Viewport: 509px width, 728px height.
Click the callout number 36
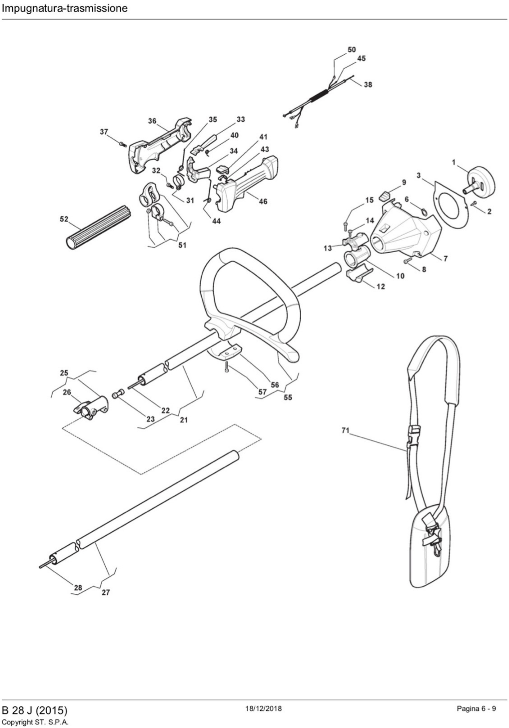(152, 121)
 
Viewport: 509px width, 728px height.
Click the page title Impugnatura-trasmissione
(64, 8)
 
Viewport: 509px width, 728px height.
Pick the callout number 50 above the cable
(352, 50)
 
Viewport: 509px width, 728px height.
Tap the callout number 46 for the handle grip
(263, 201)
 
